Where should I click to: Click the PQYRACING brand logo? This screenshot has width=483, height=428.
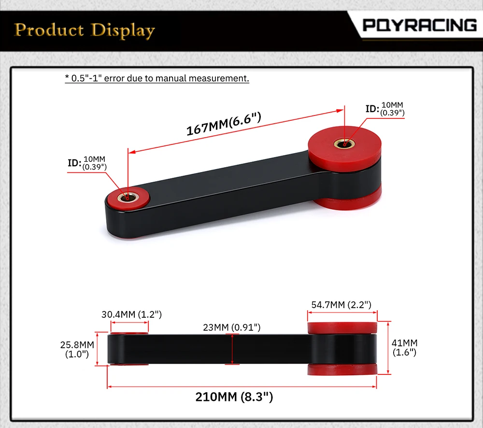pyautogui.click(x=420, y=25)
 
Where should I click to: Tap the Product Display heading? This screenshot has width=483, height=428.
pyautogui.click(x=85, y=30)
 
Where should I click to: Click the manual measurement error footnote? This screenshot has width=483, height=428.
pyautogui.click(x=157, y=78)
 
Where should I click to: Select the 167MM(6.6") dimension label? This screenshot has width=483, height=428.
pyautogui.click(x=224, y=124)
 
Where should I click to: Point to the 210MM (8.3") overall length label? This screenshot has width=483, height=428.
pyautogui.click(x=234, y=397)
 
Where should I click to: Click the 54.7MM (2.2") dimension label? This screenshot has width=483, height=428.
pyautogui.click(x=341, y=305)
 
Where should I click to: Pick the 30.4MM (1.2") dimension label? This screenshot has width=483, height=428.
pyautogui.click(x=131, y=314)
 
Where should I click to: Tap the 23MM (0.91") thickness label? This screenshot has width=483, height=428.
pyautogui.click(x=232, y=327)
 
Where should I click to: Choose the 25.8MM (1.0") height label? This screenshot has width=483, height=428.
pyautogui.click(x=77, y=349)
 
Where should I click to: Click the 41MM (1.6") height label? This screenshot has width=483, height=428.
pyautogui.click(x=404, y=348)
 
